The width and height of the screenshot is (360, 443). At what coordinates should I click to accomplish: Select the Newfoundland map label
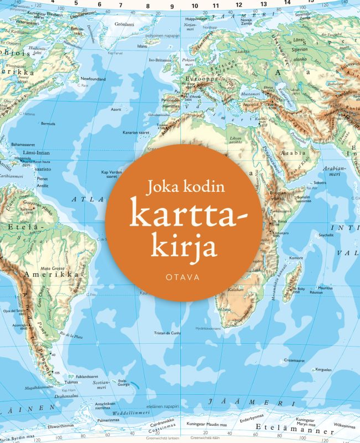tap(93, 79)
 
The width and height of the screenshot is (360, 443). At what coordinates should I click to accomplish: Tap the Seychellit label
tap(326, 235)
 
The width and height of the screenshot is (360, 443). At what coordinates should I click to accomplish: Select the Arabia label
tap(291, 152)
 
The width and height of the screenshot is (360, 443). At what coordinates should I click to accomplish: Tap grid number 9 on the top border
tap(172, 7)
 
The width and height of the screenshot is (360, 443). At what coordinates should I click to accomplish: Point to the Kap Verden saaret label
tap(111, 175)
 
